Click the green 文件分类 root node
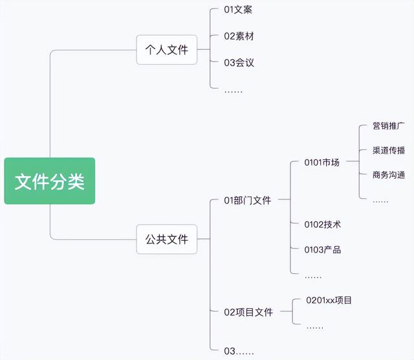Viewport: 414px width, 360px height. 50,181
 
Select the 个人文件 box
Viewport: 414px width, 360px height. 166,49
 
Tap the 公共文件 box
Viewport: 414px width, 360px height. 166,240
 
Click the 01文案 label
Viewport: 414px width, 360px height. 239,10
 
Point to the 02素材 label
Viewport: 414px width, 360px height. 239,36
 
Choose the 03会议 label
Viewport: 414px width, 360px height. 239,63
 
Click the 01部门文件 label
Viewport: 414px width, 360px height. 247,200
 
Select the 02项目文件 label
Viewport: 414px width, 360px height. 248,312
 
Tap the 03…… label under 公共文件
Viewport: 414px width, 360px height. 239,351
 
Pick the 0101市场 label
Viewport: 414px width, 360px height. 321,163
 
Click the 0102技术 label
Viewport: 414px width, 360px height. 322,224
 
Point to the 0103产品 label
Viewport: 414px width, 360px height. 322,250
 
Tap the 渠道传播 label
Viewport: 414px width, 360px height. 389,150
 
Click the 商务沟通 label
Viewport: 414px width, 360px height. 389,175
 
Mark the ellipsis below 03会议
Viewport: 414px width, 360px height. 233,91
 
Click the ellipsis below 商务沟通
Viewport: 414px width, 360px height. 380,201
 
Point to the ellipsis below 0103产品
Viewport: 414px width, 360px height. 313,276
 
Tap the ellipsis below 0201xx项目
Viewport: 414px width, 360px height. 315,327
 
